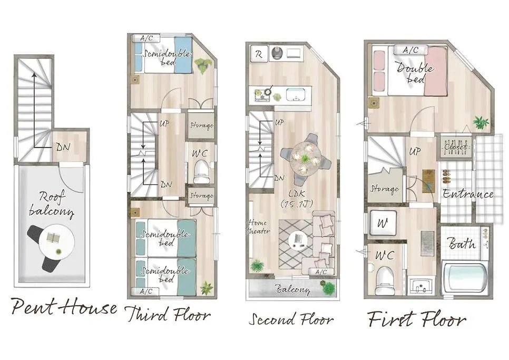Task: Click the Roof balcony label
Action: pos(52,204)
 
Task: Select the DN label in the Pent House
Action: pos(63,147)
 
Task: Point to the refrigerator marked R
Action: pos(259,54)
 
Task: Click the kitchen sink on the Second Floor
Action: pos(296,95)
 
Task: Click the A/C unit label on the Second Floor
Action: pos(321,272)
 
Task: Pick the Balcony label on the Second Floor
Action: pos(292,289)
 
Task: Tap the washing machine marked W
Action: pos(383,222)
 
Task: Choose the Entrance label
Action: pos(468,194)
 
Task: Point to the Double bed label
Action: pos(415,73)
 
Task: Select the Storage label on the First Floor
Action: pos(384,189)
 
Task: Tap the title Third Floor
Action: pos(168,314)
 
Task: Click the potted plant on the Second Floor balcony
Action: pos(328,288)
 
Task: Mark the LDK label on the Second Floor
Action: pos(297,199)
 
